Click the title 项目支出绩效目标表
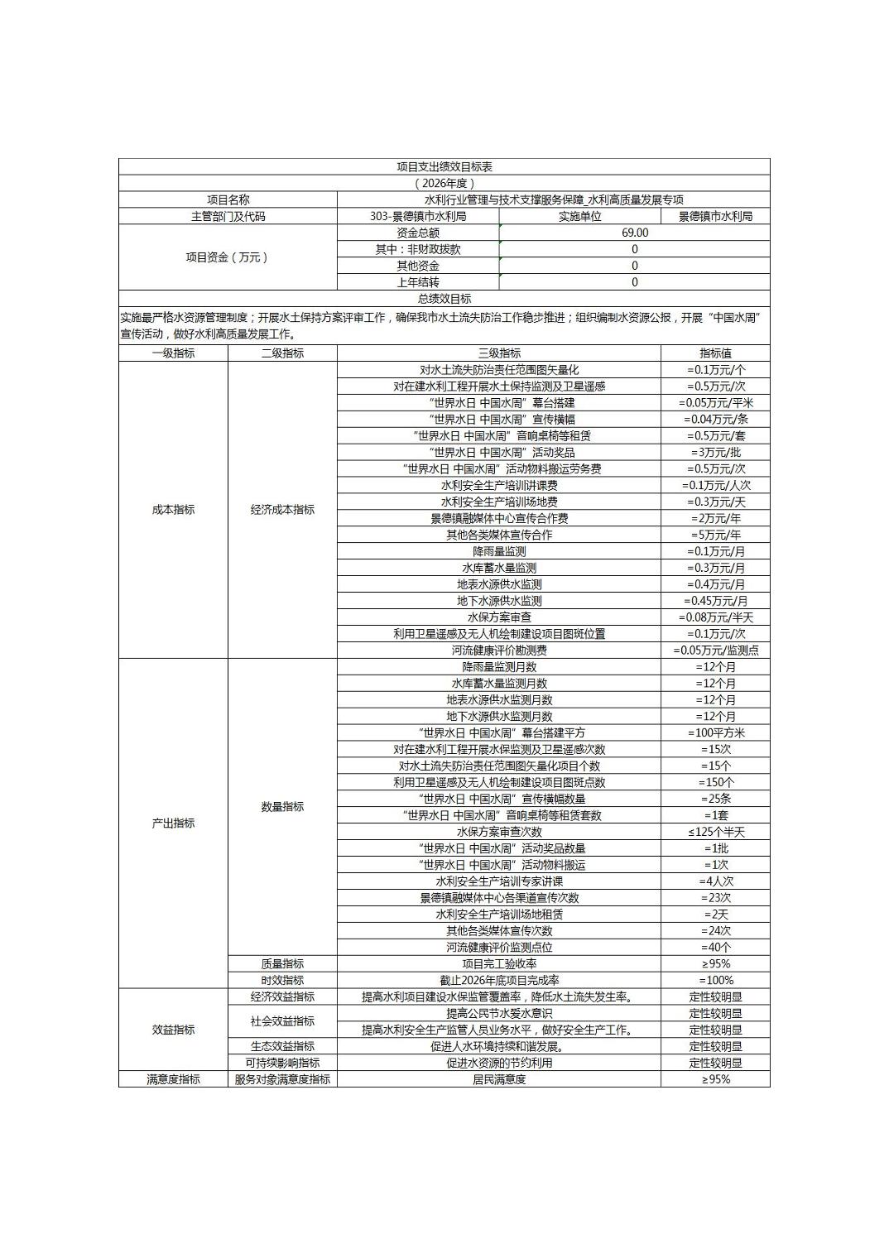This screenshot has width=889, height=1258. coord(444,167)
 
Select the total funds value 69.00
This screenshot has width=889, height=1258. coord(635,233)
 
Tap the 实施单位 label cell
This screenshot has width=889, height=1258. coord(579,216)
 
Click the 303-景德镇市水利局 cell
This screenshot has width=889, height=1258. coord(418,216)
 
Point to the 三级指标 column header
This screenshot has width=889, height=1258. coord(499,353)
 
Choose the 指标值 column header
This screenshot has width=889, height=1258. coord(715,353)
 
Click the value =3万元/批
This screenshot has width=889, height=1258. coord(715,453)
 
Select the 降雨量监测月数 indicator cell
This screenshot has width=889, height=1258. coord(499,667)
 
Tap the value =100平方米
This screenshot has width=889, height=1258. coord(715,733)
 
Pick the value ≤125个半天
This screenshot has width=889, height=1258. coord(715,832)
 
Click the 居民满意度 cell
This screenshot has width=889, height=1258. coord(499,1079)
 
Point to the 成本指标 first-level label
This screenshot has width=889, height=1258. coord(173,510)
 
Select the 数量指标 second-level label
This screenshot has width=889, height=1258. coord(282,807)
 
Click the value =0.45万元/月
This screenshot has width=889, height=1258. coord(715,601)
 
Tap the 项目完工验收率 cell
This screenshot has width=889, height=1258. coord(499,964)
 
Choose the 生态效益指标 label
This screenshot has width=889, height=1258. coord(282,1046)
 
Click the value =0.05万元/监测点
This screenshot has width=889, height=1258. coord(715,651)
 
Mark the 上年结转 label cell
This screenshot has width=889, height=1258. coord(418,282)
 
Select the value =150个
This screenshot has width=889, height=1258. coord(715,782)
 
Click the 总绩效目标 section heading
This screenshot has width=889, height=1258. coord(444,299)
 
